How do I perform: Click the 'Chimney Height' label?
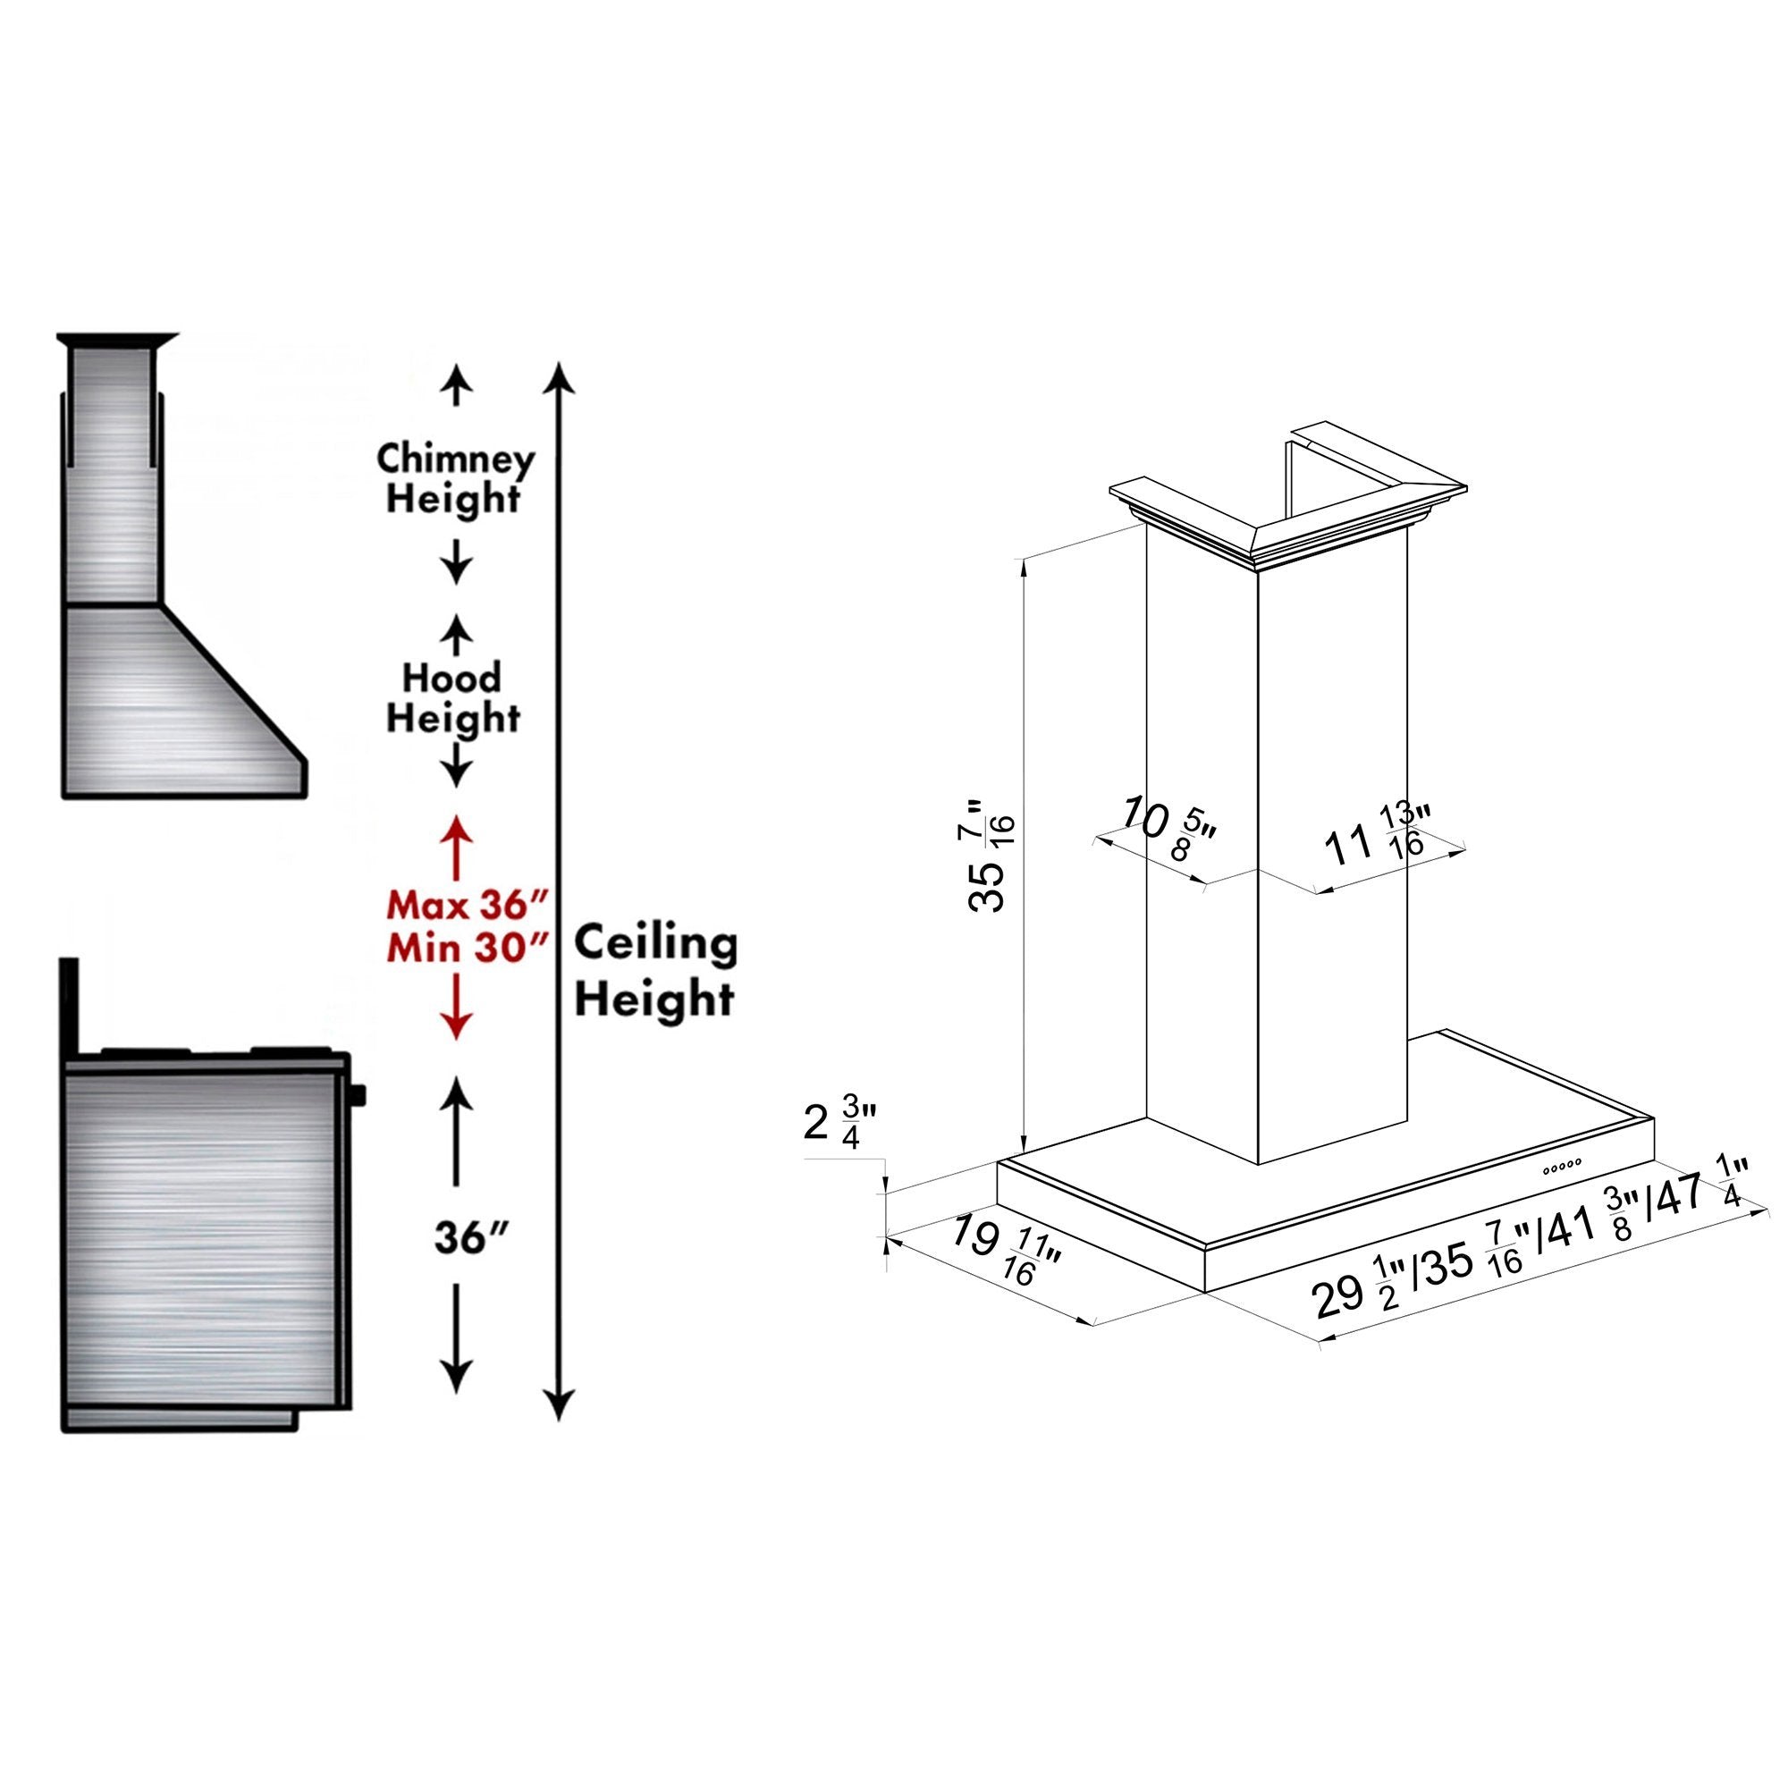[453, 478]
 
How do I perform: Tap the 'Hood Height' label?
[451, 698]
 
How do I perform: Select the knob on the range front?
[359, 1095]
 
